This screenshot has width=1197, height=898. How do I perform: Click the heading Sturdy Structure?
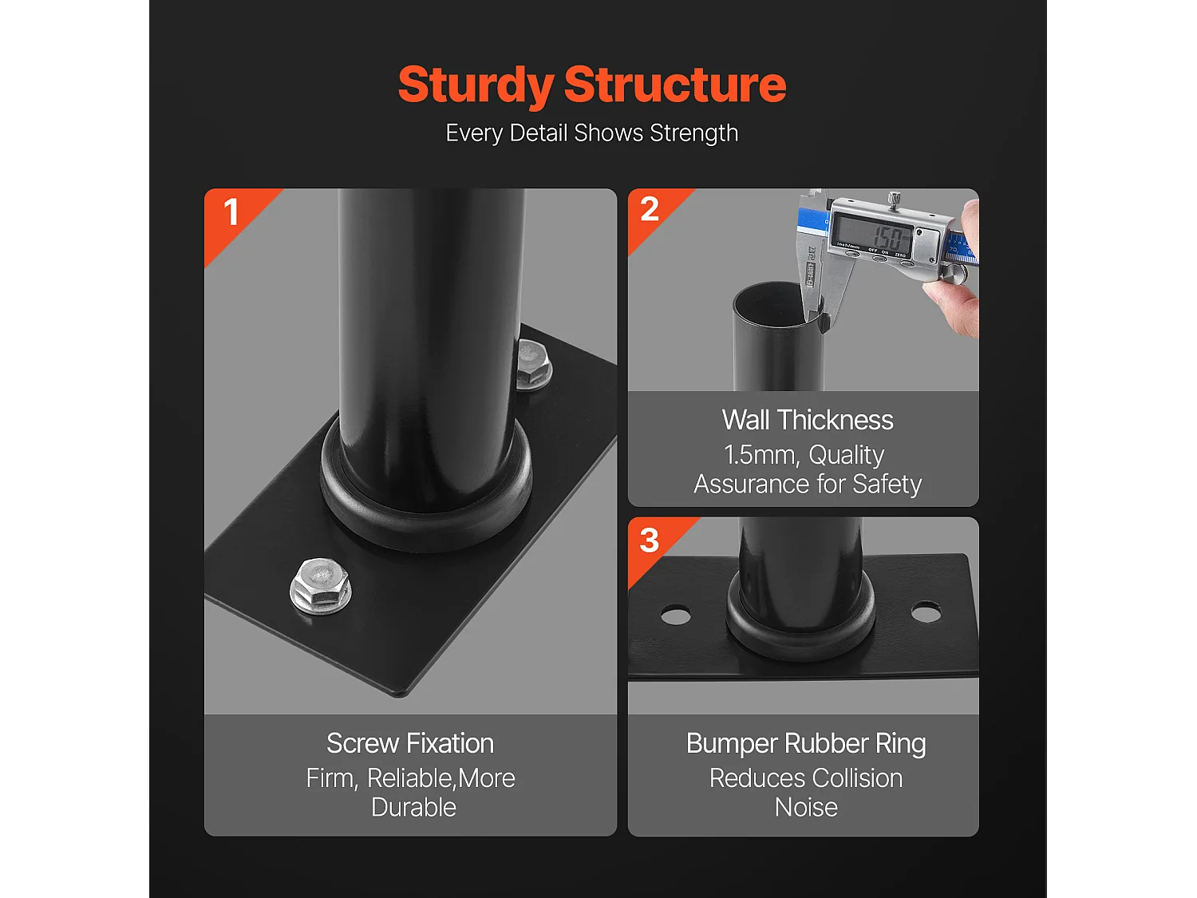click(592, 85)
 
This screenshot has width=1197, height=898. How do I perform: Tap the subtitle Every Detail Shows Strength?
click(592, 133)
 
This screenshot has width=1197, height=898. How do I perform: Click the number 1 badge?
click(231, 212)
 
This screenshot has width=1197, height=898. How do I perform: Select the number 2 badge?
click(650, 210)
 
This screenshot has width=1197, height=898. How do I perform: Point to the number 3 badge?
click(650, 540)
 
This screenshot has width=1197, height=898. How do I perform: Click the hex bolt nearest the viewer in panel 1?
click(320, 587)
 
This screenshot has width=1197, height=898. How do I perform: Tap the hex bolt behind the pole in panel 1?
click(532, 365)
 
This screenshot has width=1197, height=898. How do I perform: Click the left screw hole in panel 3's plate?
click(676, 615)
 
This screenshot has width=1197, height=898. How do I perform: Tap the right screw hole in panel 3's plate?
click(926, 613)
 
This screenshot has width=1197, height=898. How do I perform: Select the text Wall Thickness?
click(808, 420)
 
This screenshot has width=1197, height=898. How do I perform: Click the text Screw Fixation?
click(410, 743)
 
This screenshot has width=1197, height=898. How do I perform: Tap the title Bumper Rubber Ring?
click(806, 743)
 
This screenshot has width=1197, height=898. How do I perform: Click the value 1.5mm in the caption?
click(760, 455)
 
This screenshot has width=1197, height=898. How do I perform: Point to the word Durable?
click(413, 807)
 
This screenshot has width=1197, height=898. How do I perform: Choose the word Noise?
click(806, 807)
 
